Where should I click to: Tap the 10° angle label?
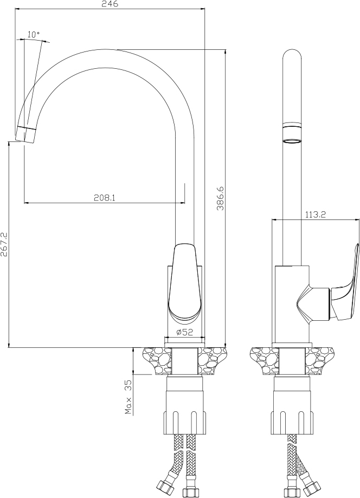pos(34,34)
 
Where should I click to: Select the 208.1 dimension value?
pos(104,198)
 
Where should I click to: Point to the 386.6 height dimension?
pos(221,198)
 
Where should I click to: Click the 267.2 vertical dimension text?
pos(4,244)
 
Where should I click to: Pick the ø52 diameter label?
pos(184,332)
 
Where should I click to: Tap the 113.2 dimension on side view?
pos(316,215)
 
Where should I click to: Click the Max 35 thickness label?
pos(128,397)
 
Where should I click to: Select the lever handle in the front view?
pos(184,280)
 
